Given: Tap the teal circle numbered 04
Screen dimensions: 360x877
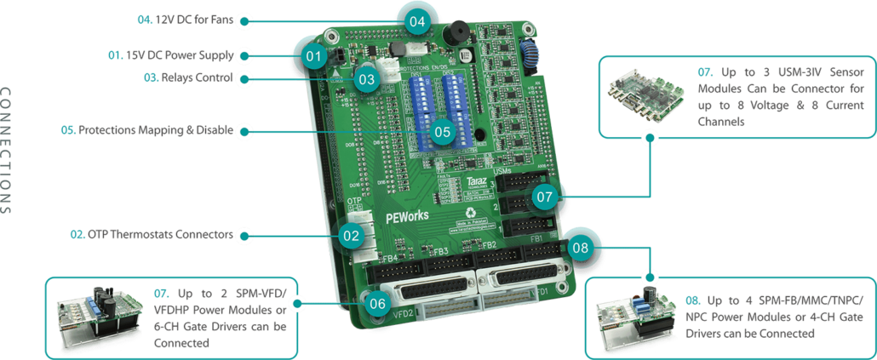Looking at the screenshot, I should (x=416, y=20).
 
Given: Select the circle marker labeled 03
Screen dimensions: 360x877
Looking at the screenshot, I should (x=367, y=80).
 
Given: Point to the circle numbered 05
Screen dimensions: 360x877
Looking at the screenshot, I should (x=441, y=132).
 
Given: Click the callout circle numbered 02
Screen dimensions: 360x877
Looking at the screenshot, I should (x=351, y=235).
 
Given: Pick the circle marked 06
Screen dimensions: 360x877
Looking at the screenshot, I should (x=379, y=301).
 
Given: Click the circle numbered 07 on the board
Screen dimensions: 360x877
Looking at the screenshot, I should (x=545, y=197).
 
